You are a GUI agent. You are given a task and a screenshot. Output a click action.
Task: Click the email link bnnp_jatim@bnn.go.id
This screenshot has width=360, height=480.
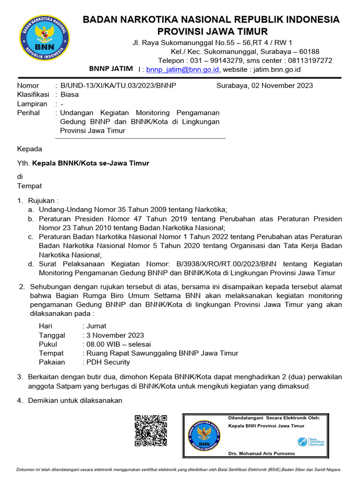coord(182,69)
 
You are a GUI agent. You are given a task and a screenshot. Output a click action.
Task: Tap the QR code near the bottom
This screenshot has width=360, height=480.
coord(151,430)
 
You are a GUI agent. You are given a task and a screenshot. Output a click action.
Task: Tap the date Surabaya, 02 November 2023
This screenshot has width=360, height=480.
coord(264,85)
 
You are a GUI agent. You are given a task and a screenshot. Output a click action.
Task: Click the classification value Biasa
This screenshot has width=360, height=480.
coord(70,94)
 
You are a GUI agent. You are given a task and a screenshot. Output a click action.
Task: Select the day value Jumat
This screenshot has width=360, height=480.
coord(96,326)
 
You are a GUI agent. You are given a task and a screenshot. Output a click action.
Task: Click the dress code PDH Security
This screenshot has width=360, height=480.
coord(107,362)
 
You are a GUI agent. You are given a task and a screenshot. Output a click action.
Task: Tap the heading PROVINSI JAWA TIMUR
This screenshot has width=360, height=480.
coord(212,31)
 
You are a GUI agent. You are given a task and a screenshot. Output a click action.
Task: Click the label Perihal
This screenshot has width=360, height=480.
coord(29,112)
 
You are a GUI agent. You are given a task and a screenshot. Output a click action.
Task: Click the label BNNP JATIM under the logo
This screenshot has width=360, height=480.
coord(111,69)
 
